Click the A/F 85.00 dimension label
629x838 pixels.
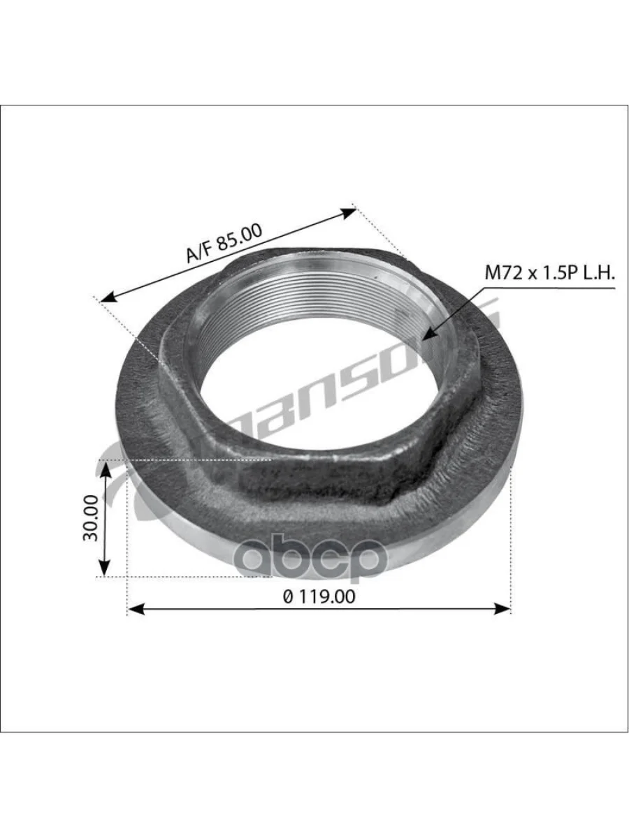pyautogui.click(x=224, y=243)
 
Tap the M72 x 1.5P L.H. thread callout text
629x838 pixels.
pyautogui.click(x=549, y=273)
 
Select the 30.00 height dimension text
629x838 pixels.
pyautogui.click(x=91, y=518)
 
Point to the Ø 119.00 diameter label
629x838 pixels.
pyautogui.click(x=319, y=596)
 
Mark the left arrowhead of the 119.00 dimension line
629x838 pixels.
pyautogui.click(x=136, y=610)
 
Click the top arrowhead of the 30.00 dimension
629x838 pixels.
pyautogui.click(x=105, y=471)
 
